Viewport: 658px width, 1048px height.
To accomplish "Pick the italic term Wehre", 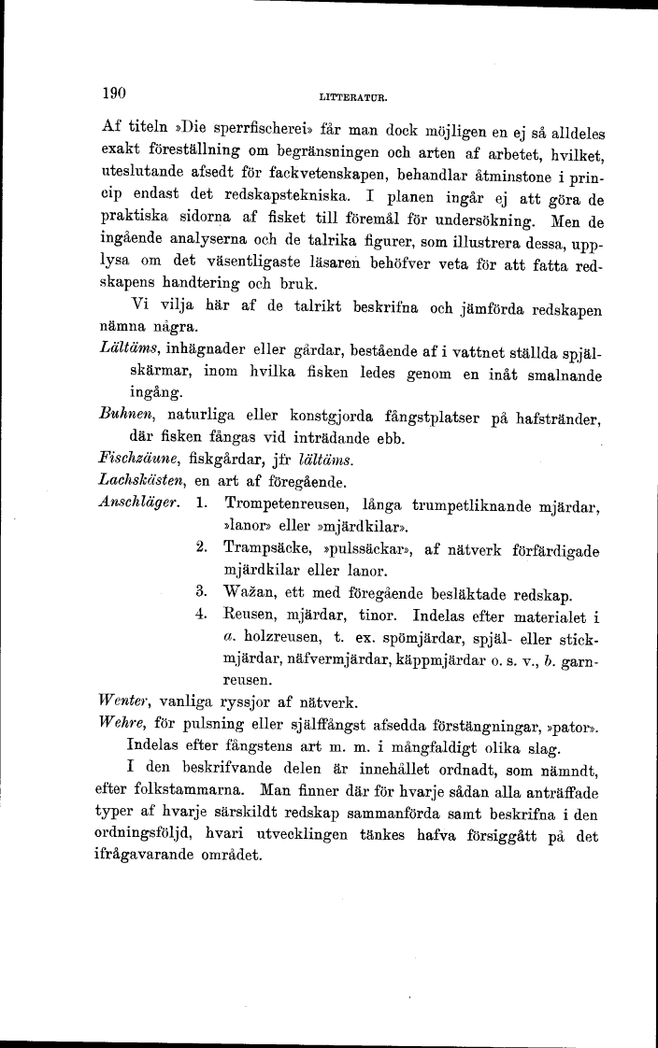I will (120, 724).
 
